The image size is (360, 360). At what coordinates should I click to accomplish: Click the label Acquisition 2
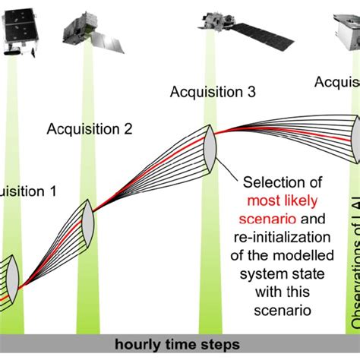tap(90, 128)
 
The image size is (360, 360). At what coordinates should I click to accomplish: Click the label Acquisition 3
tap(212, 93)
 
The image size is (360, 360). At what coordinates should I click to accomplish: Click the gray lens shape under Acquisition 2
tap(87, 219)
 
